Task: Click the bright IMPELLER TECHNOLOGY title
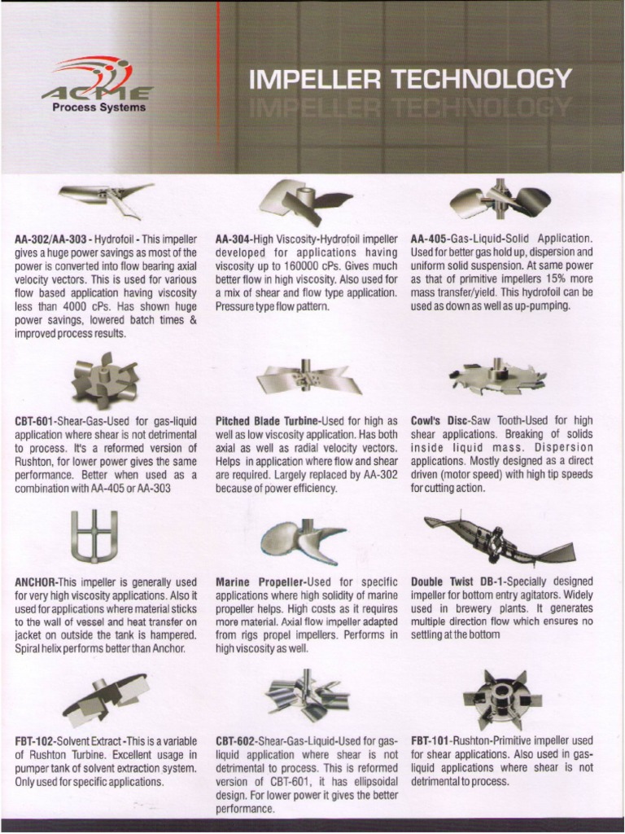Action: click(x=409, y=79)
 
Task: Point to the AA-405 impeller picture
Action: click(x=500, y=200)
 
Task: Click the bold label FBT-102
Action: click(x=35, y=741)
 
